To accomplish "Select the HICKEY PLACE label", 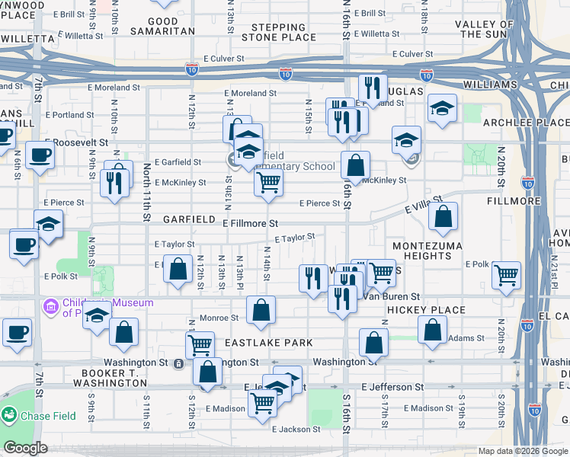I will pos(425,310).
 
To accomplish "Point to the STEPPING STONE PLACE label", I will pos(278,32).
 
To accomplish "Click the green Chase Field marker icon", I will pos(9,415).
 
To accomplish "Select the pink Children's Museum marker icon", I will pos(50,308).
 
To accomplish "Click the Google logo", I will pos(25,447).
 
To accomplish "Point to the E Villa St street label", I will pos(418,207).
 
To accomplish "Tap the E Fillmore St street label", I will pos(250,223).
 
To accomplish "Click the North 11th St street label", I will pos(145,197).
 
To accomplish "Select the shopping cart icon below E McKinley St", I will pos(268,183).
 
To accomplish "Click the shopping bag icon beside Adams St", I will pos(432,330).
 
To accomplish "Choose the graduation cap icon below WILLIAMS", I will pos(442,107).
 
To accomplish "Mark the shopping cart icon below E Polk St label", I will pos(506,274).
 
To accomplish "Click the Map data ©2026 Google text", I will pos(522,451).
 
